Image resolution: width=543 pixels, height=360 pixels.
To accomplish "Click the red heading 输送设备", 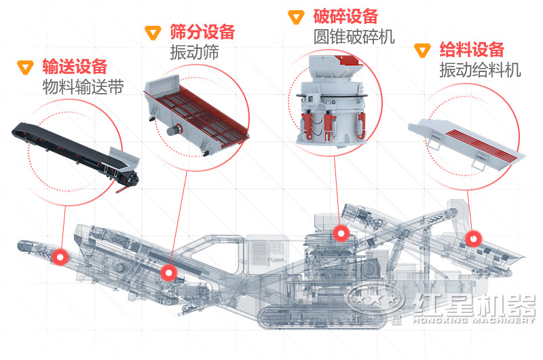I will pos(75,67).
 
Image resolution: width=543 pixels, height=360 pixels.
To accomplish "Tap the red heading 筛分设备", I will pos(202,32).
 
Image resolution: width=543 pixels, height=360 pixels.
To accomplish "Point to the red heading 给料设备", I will pos(472,50).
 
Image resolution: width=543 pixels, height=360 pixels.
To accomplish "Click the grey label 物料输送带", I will pos(83,88).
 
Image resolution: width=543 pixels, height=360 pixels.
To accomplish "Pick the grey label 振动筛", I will pos(194,53).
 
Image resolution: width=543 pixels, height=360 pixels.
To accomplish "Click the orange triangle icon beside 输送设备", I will pos(26,67).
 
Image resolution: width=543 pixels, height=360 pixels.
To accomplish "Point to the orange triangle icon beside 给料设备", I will pos(423,50).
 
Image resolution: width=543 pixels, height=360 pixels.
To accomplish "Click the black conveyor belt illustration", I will pos(75,149).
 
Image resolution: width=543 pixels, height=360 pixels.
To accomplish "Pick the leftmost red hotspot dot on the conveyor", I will pos(61,257).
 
